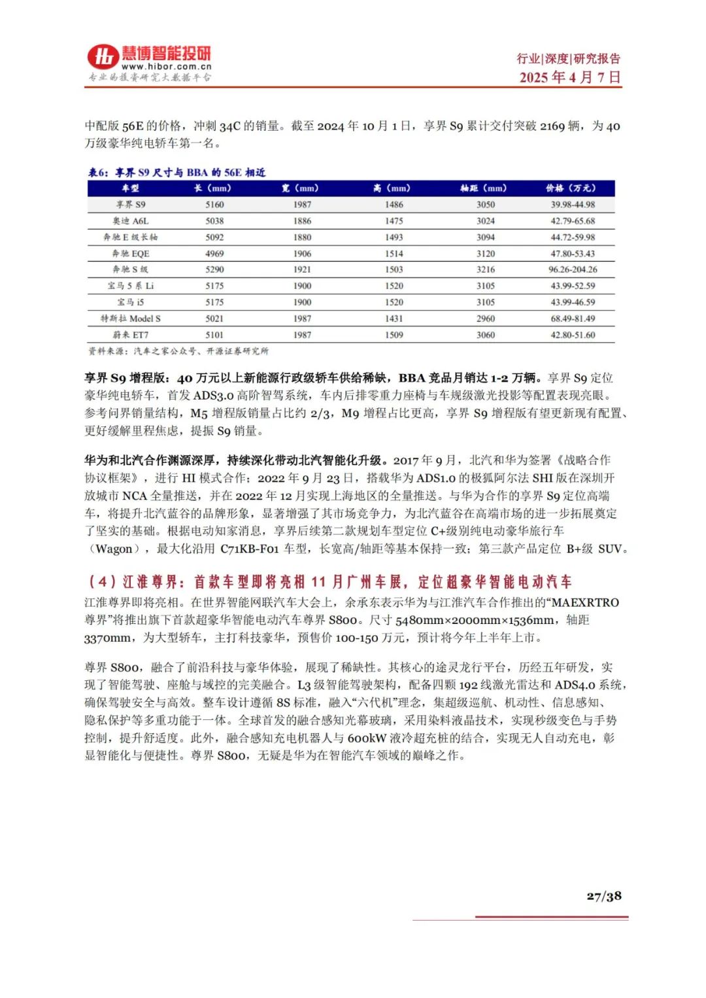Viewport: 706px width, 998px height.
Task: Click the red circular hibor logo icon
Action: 103,57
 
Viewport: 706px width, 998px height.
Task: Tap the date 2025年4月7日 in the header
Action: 570,77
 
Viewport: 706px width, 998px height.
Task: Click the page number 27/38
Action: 603,896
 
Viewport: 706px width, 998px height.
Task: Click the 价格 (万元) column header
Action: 571,188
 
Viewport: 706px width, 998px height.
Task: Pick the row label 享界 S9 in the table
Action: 131,205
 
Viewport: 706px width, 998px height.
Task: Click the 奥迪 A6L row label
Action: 131,221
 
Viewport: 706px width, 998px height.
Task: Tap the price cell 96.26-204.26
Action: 573,269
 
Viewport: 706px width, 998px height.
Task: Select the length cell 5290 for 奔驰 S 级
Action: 214,269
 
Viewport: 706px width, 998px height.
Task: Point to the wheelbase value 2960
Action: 486,318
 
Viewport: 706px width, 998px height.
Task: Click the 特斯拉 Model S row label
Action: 131,318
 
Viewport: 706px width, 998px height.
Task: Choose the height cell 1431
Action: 394,318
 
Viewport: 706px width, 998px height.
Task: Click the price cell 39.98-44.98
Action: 573,205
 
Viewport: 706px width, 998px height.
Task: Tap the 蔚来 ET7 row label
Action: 131,335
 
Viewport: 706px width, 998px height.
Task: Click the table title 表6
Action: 176,173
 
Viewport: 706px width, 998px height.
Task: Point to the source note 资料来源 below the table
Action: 178,351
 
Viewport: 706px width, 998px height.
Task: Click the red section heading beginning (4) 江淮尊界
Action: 329,581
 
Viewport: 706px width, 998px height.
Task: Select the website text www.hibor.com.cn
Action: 166,66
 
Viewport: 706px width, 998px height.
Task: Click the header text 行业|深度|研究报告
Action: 569,59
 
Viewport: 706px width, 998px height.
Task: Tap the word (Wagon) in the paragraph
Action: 114,549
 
